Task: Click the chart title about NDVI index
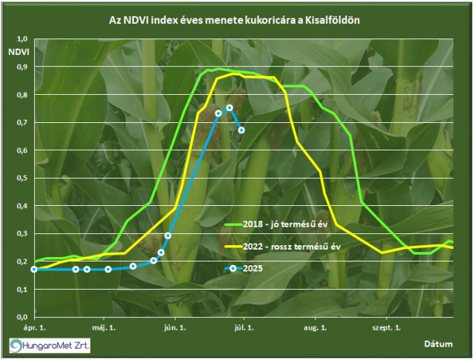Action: coord(234,20)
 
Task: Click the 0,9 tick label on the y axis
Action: coord(21,67)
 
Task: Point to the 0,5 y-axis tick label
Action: coord(21,178)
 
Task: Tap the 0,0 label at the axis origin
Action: coord(21,317)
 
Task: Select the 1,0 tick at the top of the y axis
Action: coord(21,39)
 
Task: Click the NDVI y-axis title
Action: coord(19,52)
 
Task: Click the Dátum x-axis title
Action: coord(438,344)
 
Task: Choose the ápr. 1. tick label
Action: coord(35,328)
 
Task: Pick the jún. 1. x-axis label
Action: coord(175,328)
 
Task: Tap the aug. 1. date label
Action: coord(316,328)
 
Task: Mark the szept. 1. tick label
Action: coord(387,328)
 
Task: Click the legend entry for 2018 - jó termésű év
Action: coord(276,224)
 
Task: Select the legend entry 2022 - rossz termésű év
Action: coord(283,247)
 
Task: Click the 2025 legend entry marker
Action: coord(233,268)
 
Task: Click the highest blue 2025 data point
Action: coord(230,108)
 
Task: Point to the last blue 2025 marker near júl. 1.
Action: coord(241,130)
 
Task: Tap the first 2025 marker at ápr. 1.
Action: coord(34,270)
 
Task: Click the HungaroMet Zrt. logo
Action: coord(50,345)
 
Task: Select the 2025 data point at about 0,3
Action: coord(168,236)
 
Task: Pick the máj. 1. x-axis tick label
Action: coord(104,328)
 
